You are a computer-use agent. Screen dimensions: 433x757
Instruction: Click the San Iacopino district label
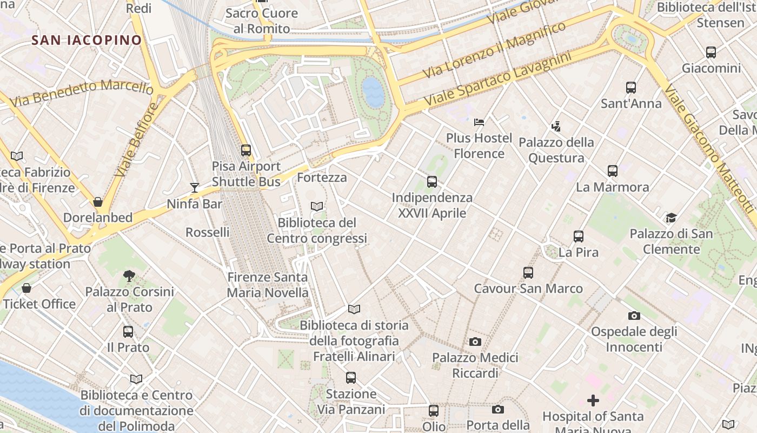point(87,40)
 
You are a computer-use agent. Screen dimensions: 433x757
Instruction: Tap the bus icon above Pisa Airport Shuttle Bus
point(246,150)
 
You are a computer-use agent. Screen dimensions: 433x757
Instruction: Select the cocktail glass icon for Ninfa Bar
point(195,188)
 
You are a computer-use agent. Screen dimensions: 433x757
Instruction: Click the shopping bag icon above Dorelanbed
point(98,202)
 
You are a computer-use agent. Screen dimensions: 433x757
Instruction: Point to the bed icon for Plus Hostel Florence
point(479,122)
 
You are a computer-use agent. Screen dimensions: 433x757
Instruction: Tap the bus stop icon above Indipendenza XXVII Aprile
point(432,182)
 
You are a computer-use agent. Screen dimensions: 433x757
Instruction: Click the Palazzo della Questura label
point(556,150)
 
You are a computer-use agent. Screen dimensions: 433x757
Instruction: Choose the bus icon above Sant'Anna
point(631,87)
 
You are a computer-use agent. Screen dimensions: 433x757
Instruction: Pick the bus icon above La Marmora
point(613,171)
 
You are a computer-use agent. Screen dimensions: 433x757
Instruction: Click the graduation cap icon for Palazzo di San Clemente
point(671,218)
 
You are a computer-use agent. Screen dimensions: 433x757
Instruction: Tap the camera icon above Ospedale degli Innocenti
point(634,316)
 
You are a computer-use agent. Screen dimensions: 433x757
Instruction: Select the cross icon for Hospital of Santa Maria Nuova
point(593,401)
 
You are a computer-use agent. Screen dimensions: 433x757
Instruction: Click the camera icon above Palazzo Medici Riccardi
point(475,342)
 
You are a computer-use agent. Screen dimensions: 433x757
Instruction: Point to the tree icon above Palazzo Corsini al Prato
point(129,276)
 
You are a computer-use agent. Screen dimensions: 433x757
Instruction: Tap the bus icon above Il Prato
point(128,331)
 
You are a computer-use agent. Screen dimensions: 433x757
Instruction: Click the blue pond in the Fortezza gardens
point(373,91)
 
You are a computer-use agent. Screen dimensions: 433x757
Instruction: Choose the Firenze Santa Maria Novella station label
point(268,285)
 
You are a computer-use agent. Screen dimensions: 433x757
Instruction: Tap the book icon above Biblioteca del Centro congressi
point(317,206)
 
